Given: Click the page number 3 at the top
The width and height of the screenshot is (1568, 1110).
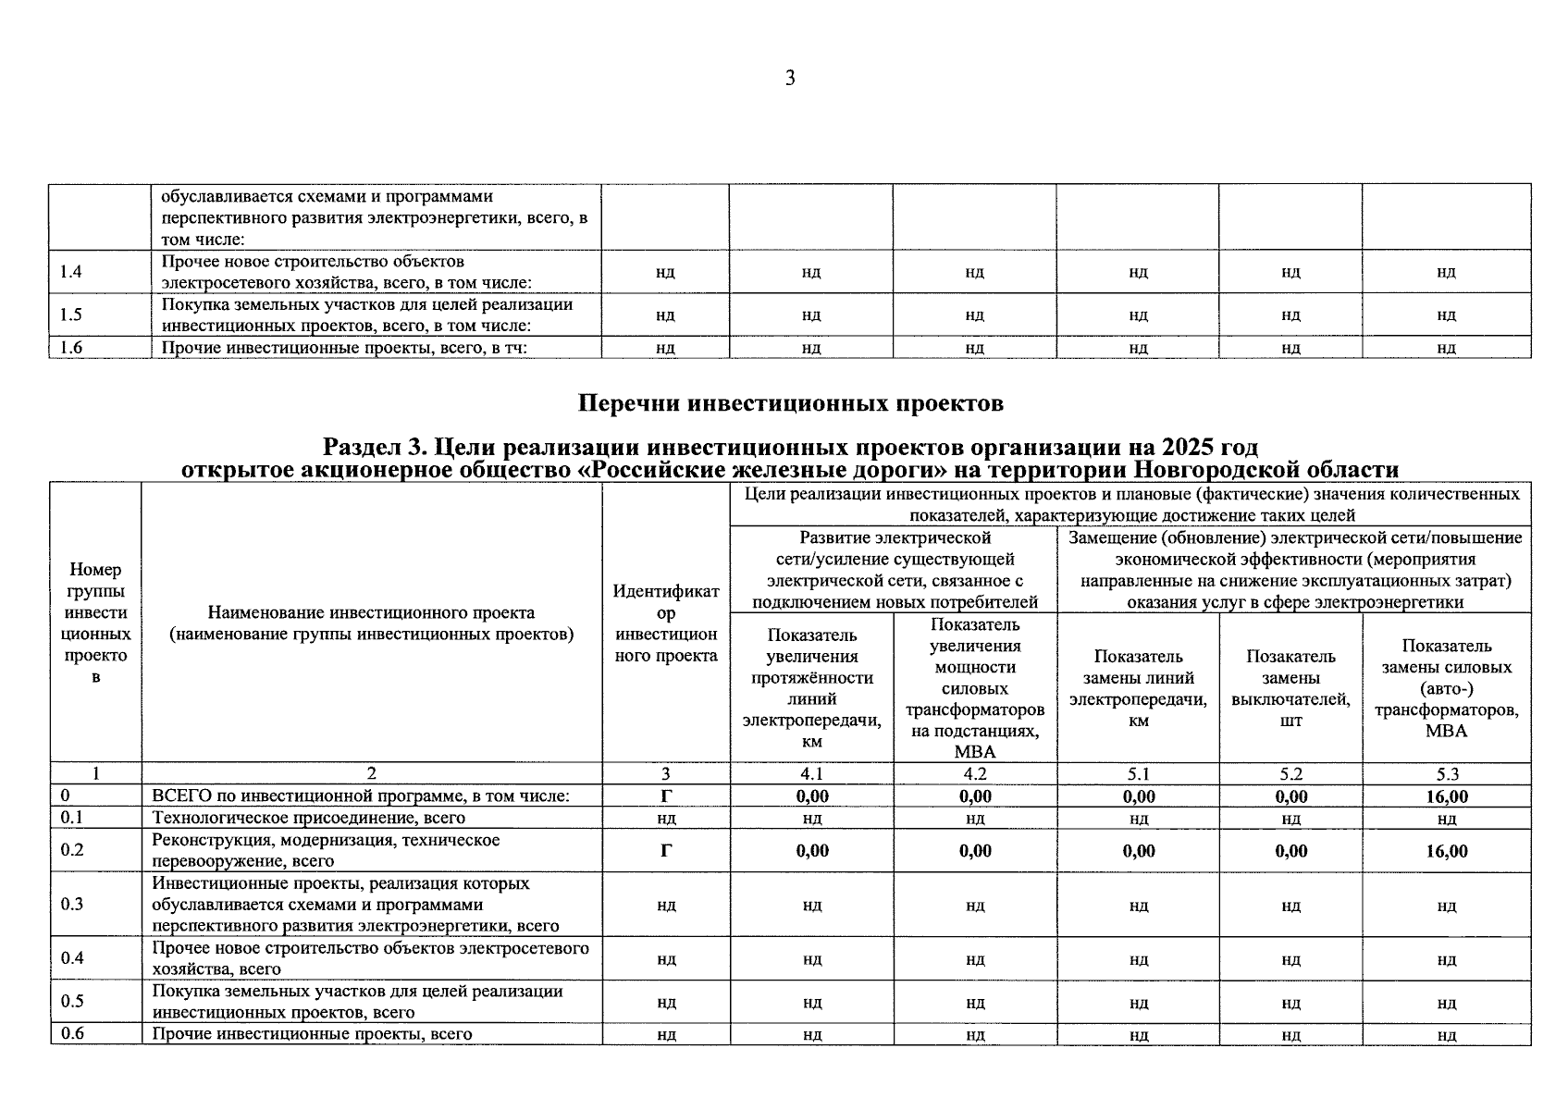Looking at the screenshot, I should (790, 79).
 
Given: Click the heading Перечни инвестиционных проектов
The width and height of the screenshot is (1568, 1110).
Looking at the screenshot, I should (790, 403).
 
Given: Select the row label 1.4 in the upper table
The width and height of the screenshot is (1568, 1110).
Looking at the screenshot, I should (70, 272).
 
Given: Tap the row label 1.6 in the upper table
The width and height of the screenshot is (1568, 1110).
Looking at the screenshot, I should (70, 348).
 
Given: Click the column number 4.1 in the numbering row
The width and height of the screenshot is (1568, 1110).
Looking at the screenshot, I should (811, 774).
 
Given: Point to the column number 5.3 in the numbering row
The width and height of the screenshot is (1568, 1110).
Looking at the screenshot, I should (1446, 774).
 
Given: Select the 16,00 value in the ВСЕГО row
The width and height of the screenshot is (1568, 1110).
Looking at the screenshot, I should (1446, 796).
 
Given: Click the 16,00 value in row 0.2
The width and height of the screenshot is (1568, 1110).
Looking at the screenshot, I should (1446, 851).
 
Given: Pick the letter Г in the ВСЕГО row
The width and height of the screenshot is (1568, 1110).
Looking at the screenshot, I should (666, 796).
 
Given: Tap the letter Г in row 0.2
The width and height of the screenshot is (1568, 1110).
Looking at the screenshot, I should (666, 851).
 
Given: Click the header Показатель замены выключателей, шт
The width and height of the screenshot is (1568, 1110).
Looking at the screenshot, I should (1290, 688).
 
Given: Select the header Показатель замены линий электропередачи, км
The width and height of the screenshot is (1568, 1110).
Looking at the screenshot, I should (1138, 688).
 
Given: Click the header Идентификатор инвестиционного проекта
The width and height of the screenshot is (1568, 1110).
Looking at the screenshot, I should (666, 623).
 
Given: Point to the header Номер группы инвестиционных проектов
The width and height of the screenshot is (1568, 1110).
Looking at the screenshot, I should (95, 623).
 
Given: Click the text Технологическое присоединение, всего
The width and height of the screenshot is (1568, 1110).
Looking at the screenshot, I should (309, 818).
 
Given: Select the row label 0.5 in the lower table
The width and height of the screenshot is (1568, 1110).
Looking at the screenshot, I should (72, 1001).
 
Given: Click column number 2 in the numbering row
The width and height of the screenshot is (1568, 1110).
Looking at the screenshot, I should (372, 774).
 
